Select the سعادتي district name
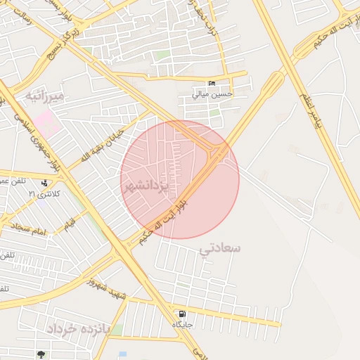click(x=219, y=248)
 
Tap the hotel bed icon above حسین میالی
click(x=212, y=84)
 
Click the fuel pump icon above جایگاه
click(x=183, y=314)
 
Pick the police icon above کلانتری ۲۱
click(x=44, y=184)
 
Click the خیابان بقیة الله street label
click(x=105, y=145)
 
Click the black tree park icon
click(x=42, y=354)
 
